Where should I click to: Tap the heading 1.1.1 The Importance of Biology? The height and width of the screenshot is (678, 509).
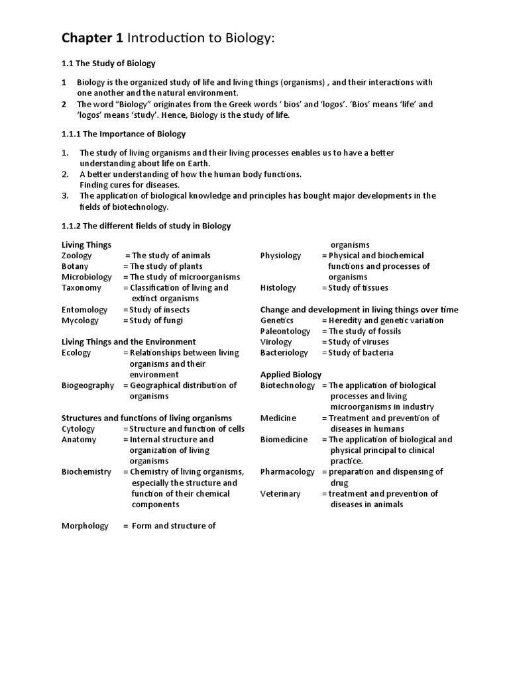tap(123, 134)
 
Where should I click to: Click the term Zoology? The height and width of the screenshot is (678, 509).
tap(77, 256)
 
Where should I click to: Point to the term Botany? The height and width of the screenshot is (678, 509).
tap(75, 266)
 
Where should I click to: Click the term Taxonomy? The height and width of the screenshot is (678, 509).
tap(82, 288)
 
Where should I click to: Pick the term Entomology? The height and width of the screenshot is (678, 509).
tap(84, 310)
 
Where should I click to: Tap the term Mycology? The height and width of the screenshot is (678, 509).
tap(80, 320)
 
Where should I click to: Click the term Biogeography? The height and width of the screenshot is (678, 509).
tap(87, 385)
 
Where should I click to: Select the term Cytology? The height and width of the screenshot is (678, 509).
tap(78, 428)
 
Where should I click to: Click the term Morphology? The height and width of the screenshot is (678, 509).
tap(85, 526)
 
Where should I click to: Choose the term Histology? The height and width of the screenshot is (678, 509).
tap(278, 288)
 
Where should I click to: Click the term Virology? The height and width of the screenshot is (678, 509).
tap(276, 342)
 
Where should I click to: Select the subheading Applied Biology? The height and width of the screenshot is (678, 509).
tap(291, 375)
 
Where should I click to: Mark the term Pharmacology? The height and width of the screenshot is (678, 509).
tap(288, 472)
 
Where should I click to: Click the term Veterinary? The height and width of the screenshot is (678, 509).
tap(280, 494)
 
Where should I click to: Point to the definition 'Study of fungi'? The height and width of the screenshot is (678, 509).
tap(156, 320)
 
